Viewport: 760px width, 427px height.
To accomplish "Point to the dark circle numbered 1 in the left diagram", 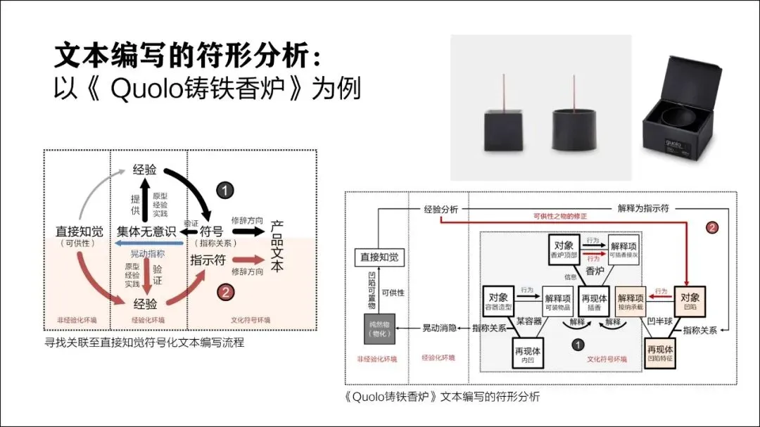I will (223, 190).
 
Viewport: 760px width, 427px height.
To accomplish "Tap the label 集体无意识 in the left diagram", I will (145, 231).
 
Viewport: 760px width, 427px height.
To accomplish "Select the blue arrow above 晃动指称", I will (148, 243).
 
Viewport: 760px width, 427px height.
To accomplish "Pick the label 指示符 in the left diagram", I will (208, 260).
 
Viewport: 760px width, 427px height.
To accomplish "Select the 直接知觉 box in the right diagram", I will (379, 257).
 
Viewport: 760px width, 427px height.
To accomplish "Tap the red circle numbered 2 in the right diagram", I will (712, 227).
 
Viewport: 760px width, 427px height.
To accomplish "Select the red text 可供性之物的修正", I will (560, 215).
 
